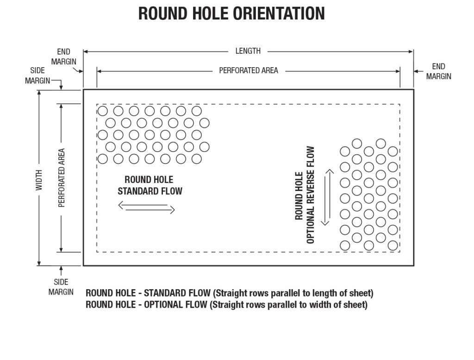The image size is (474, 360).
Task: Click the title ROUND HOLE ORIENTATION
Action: (x=231, y=13)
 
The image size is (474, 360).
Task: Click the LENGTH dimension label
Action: (x=248, y=51)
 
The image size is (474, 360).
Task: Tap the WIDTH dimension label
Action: (x=39, y=178)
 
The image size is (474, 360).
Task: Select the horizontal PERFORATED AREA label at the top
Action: (x=249, y=70)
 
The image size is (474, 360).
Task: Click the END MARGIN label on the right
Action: (x=438, y=71)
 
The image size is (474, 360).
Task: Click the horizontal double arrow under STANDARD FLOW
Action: (x=147, y=208)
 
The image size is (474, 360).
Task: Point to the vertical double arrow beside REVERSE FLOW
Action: (x=327, y=197)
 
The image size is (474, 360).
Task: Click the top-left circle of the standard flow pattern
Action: (x=102, y=111)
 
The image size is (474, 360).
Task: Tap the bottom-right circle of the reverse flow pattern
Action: (x=393, y=246)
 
